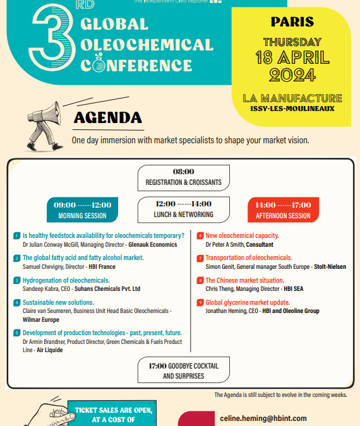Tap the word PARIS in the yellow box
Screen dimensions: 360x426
click(x=292, y=22)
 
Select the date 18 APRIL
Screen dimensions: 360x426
click(x=292, y=57)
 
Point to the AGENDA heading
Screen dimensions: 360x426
click(x=107, y=118)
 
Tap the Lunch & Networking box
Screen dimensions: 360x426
click(x=183, y=210)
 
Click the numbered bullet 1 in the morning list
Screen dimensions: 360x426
click(x=16, y=236)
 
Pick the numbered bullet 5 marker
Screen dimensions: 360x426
click(x=16, y=333)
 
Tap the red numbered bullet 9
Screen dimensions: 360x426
click(x=200, y=302)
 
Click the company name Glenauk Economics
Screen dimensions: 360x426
click(x=154, y=244)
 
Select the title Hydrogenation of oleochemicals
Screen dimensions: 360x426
click(x=66, y=280)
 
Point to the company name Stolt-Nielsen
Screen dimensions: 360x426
click(x=330, y=266)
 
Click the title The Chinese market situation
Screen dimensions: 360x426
click(x=244, y=280)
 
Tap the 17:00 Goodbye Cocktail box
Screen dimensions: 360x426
click(x=183, y=370)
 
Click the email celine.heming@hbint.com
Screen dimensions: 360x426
click(x=263, y=418)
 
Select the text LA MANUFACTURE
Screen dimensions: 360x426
click(x=292, y=98)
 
